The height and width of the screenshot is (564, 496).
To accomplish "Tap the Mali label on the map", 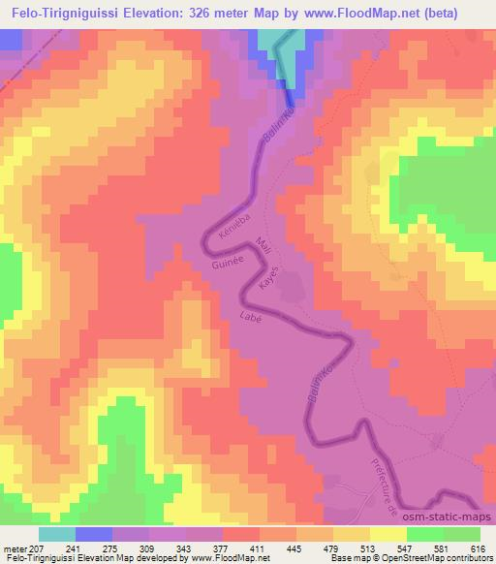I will (x=257, y=244).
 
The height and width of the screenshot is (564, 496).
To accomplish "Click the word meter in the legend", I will (x=15, y=548).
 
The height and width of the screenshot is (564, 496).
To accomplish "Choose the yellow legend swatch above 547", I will (x=388, y=534).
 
